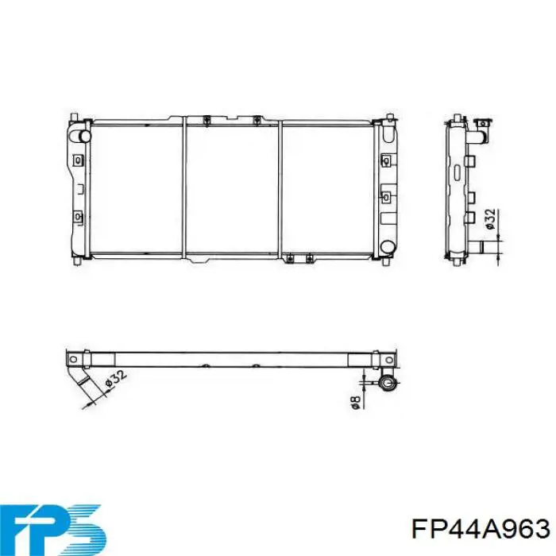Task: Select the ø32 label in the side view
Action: point(490,219)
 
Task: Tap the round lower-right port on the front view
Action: point(387,246)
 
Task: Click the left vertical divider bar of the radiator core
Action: point(184,188)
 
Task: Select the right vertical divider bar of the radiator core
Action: point(280,188)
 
